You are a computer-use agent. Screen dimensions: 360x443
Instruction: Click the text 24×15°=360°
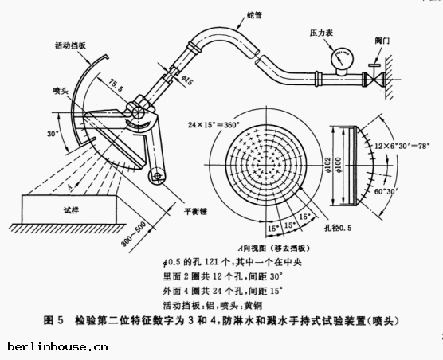point(214,125)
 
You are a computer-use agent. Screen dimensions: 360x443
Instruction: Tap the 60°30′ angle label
point(402,192)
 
